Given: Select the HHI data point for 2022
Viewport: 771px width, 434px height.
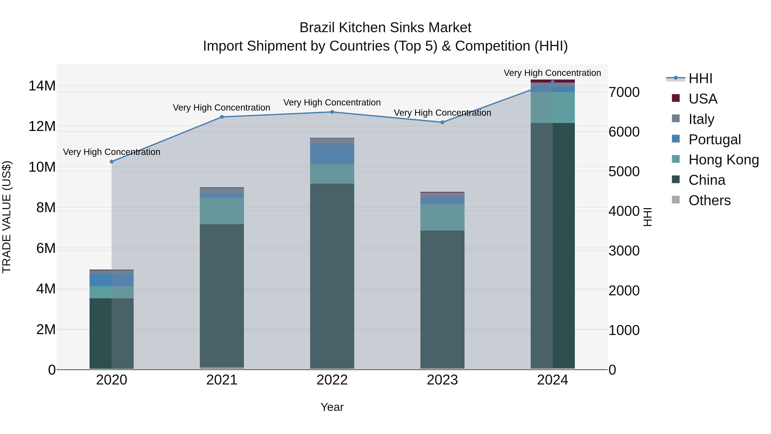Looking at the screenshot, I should (332, 112).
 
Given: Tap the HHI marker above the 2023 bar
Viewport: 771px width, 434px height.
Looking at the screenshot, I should (442, 122).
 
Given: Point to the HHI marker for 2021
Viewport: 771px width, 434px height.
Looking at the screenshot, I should (222, 117).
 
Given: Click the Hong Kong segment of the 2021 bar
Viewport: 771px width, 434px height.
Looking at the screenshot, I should (222, 211).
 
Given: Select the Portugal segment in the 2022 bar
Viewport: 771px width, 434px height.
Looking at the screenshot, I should (332, 154).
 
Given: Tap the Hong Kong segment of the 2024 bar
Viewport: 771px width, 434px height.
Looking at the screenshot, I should (553, 108).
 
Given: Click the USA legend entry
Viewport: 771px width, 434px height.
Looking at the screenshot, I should (702, 99).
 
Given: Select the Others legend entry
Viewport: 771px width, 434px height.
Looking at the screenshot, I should (709, 200).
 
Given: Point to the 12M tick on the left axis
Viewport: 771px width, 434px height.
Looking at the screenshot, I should (42, 126).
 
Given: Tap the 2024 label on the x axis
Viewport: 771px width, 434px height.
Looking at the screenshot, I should (553, 380).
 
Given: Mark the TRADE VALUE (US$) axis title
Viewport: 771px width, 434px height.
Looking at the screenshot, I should (7, 217).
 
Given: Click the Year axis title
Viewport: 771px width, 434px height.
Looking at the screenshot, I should (332, 407).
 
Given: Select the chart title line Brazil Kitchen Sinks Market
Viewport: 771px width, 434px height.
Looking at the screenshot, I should (385, 28).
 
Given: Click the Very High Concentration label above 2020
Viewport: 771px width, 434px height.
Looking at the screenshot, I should (112, 152).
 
